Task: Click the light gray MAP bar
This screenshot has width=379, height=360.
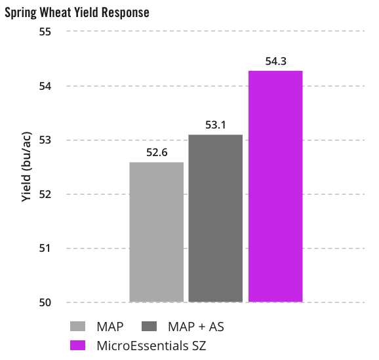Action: [156, 232]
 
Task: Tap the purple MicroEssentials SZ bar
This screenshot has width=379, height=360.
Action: [275, 186]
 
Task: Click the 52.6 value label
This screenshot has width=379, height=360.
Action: [157, 153]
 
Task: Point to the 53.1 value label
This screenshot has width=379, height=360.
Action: [215, 125]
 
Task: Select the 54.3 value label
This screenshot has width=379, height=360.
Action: [275, 61]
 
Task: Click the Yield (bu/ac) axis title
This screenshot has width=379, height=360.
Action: [27, 167]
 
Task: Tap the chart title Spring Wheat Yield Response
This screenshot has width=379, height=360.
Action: [77, 12]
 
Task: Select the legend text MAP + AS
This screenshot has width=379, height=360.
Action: [196, 327]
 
